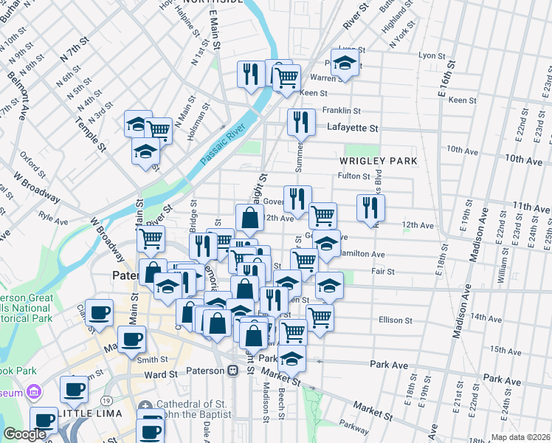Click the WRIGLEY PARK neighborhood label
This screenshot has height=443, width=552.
coord(378,160)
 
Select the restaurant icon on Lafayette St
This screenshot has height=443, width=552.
coord(301,123)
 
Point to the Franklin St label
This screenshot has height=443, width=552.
coord(340,110)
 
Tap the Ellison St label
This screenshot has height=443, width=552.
coord(396,320)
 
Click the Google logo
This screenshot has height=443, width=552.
coord(24,434)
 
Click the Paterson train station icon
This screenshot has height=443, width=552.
coord(232,371)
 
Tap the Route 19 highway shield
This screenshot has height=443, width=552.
coord(107,399)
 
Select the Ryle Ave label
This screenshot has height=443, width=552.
coord(53,221)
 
